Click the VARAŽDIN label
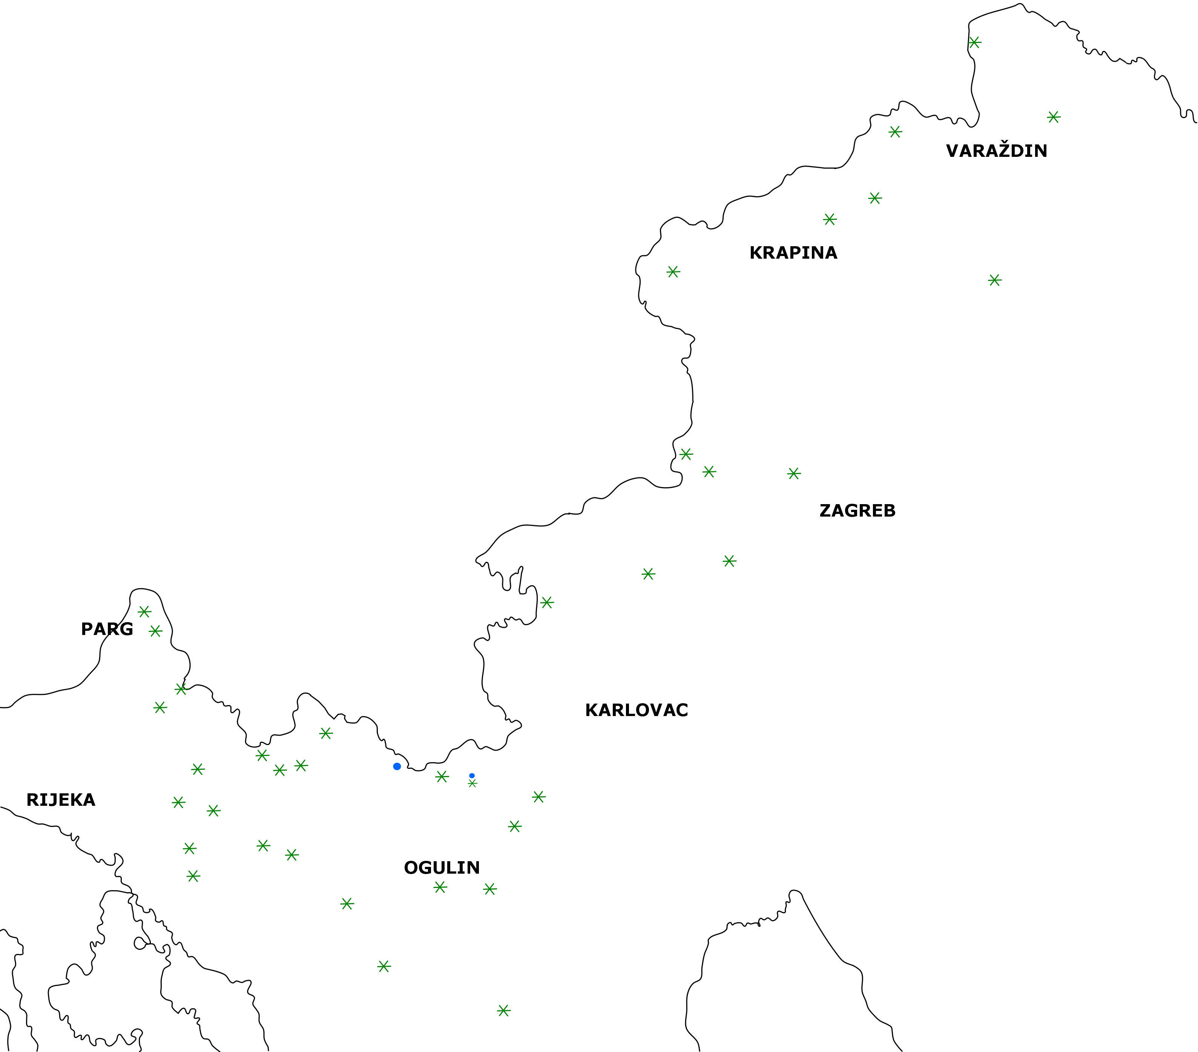pyautogui.click(x=996, y=150)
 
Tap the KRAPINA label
pyautogui.click(x=793, y=253)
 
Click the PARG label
pyautogui.click(x=107, y=629)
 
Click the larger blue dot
pyautogui.click(x=397, y=766)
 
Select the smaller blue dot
pyautogui.click(x=472, y=775)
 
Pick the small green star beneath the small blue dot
pyautogui.click(x=472, y=783)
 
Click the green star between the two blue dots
pyautogui.click(x=442, y=776)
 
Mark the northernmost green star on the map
pyautogui.click(x=974, y=42)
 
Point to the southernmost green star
pyautogui.click(x=503, y=1011)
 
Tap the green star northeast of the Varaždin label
pyautogui.click(x=1053, y=117)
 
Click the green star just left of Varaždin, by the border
pyautogui.click(x=895, y=132)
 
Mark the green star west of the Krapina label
pyautogui.click(x=673, y=272)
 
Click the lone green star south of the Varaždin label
pyautogui.click(x=995, y=280)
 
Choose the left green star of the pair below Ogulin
pyautogui.click(x=440, y=887)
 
